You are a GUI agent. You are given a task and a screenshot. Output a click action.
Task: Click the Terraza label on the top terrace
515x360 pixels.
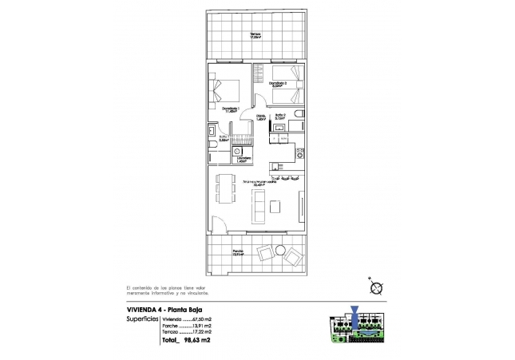coord(255,35)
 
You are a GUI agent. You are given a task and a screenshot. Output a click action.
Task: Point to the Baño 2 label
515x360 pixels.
coord(280,117)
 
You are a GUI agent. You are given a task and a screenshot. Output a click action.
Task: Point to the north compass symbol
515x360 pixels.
coord(374,289)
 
